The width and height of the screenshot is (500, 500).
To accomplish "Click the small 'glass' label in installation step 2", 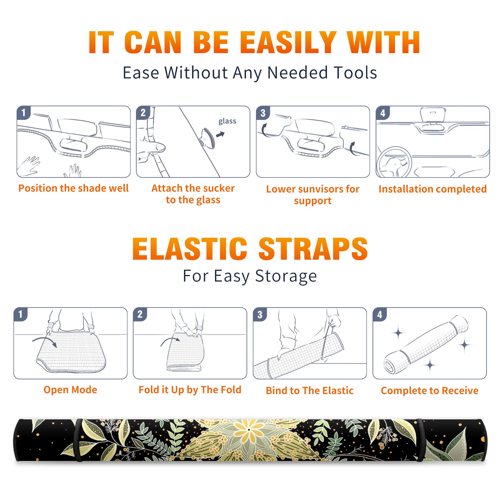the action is click(227, 121).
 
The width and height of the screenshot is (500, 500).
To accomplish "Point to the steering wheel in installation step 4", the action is click(394, 162).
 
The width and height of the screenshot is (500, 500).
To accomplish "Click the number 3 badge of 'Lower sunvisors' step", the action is click(263, 113).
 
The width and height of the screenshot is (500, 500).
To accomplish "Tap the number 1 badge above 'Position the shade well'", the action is click(24, 112).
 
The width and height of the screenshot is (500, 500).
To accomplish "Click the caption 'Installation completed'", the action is click(432, 189).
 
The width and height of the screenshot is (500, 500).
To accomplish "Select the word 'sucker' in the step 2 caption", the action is click(219, 188).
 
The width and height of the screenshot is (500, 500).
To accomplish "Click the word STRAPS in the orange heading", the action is click(313, 249).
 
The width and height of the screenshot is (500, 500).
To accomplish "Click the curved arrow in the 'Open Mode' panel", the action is click(45, 341).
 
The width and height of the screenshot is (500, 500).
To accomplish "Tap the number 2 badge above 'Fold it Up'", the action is click(140, 314).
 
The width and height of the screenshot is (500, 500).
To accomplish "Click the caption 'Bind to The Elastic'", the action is click(310, 391).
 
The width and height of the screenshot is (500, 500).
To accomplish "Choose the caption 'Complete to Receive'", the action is click(430, 391).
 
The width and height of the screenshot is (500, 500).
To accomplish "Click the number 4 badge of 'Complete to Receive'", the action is click(380, 314).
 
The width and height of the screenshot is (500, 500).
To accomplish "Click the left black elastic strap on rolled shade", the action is click(78, 440).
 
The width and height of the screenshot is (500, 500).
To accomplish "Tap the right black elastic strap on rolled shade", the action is click(420, 440).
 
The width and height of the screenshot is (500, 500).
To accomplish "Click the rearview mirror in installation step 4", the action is click(433, 115).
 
